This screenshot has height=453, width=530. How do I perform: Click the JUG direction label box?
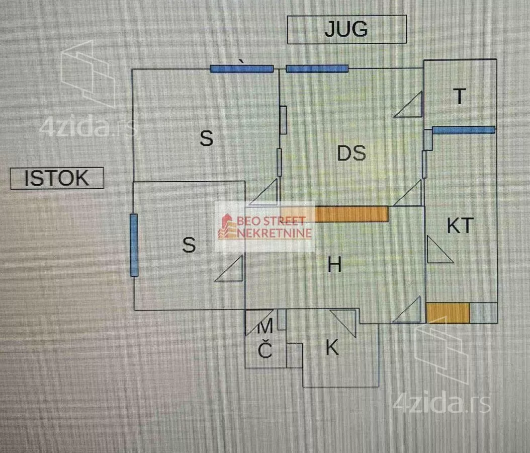[x=346, y=29]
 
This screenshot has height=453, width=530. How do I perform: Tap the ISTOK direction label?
[x=57, y=178]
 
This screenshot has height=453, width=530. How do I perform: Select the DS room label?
[x=351, y=153]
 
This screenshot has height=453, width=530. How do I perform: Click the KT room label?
[x=460, y=226]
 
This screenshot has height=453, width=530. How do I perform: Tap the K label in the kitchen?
[x=332, y=348]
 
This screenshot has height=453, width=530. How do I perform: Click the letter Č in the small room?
[x=265, y=351]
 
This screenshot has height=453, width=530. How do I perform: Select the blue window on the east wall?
[x=134, y=245]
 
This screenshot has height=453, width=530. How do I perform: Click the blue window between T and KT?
[x=463, y=130]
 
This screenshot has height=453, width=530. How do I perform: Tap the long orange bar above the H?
[x=352, y=214]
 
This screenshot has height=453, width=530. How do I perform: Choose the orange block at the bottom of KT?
[x=448, y=313]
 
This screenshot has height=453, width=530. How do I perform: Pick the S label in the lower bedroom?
[x=189, y=245]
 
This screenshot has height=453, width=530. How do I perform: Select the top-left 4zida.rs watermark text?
[x=88, y=127]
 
